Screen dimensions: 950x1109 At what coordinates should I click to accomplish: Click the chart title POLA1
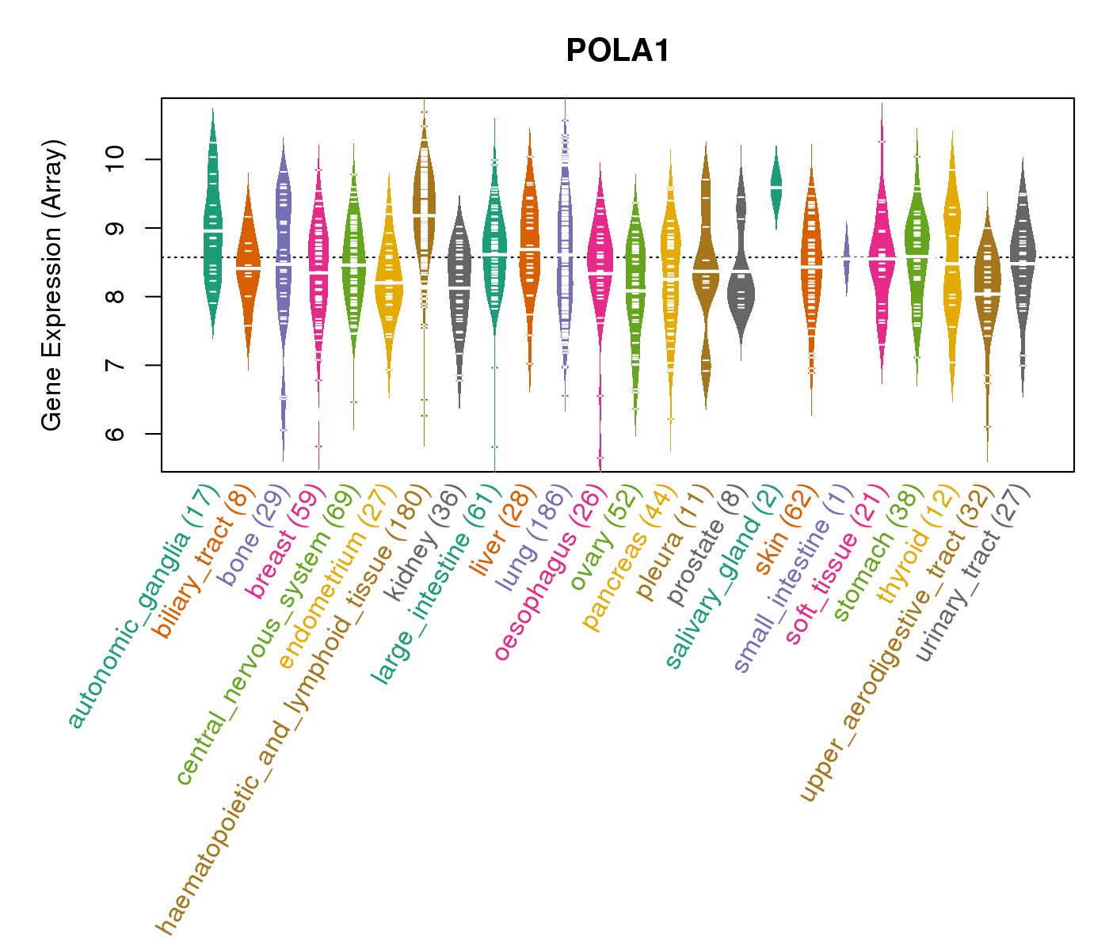tap(618, 51)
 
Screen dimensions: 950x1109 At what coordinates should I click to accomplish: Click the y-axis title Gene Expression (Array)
tap(52, 285)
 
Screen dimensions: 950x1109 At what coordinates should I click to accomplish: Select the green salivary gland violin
tap(776, 186)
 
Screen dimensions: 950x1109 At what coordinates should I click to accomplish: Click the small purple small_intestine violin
tap(847, 257)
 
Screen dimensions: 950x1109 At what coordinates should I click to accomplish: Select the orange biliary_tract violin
tap(248, 269)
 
